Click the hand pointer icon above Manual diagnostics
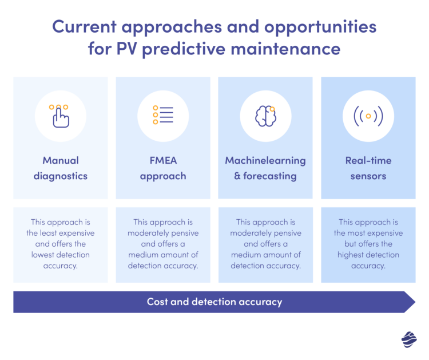(60, 116)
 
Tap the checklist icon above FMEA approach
(163, 114)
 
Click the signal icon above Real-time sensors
(368, 116)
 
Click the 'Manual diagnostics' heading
(60, 168)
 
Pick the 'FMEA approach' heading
(163, 168)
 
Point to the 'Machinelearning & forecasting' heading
(265, 168)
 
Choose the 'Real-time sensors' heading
(368, 168)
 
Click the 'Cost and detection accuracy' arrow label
(214, 302)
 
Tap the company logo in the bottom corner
(409, 339)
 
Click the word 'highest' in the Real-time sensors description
(351, 255)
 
